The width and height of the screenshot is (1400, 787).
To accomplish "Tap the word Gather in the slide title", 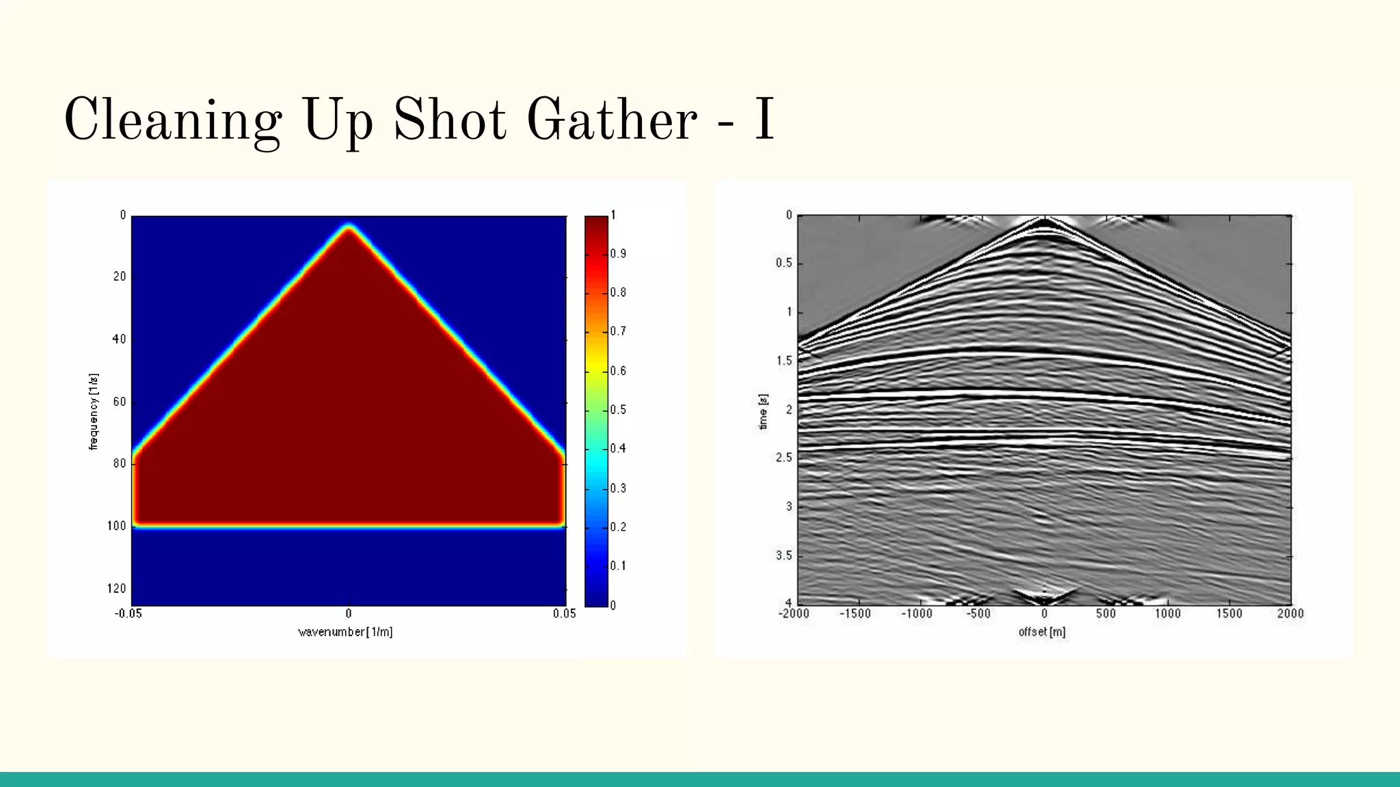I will [x=611, y=120].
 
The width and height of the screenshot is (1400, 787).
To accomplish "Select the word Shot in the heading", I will [x=449, y=120].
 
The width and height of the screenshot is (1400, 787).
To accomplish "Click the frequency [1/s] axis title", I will [x=94, y=411].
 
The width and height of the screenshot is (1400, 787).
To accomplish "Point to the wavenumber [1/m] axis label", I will [x=345, y=632].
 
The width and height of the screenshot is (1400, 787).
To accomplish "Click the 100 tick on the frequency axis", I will [x=116, y=525].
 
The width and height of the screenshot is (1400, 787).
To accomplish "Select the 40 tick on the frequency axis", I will [x=119, y=339].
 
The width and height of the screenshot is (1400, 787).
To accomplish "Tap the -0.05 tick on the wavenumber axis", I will [x=129, y=613].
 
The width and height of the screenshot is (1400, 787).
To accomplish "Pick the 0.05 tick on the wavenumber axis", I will [x=564, y=613].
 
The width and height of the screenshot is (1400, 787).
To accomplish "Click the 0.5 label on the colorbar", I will [x=618, y=410].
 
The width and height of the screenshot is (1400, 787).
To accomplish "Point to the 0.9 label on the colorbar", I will [x=618, y=253].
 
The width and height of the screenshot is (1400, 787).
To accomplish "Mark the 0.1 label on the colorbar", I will [x=618, y=566].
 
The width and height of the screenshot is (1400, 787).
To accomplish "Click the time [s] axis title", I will [x=764, y=411].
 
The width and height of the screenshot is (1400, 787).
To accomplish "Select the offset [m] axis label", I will [x=1042, y=632].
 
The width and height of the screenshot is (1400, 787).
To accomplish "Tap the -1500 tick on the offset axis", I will [x=854, y=613].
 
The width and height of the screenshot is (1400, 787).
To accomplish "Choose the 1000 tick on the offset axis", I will [x=1168, y=613].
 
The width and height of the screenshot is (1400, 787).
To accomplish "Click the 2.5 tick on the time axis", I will [x=783, y=457].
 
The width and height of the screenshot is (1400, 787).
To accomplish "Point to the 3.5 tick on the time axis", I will [x=783, y=555].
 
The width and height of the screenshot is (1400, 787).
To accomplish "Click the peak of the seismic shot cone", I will [x=1044, y=220].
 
